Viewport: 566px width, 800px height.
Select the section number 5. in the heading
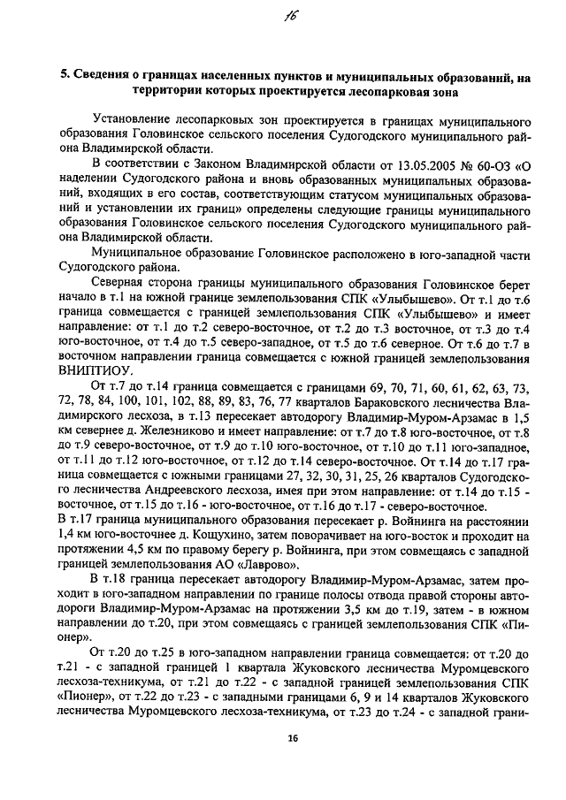click(x=65, y=77)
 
